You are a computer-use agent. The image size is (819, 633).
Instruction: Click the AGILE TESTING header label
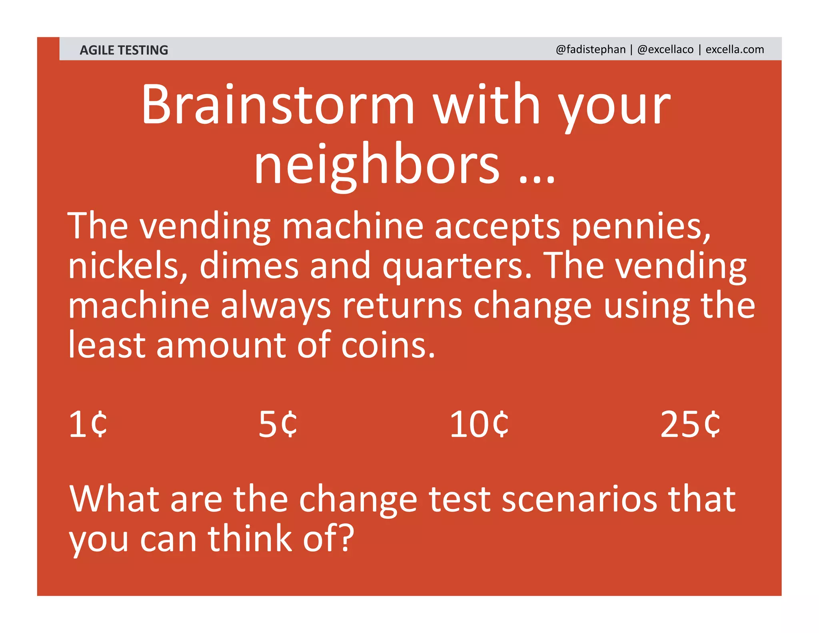124,50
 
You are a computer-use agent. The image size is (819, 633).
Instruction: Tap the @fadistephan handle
590,49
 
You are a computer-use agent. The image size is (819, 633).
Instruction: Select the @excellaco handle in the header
665,49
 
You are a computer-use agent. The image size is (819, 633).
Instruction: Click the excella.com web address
735,49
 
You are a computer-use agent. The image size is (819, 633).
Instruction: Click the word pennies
640,227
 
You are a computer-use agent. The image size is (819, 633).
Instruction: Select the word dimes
249,266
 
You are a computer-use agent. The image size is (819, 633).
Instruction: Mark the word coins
387,345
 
